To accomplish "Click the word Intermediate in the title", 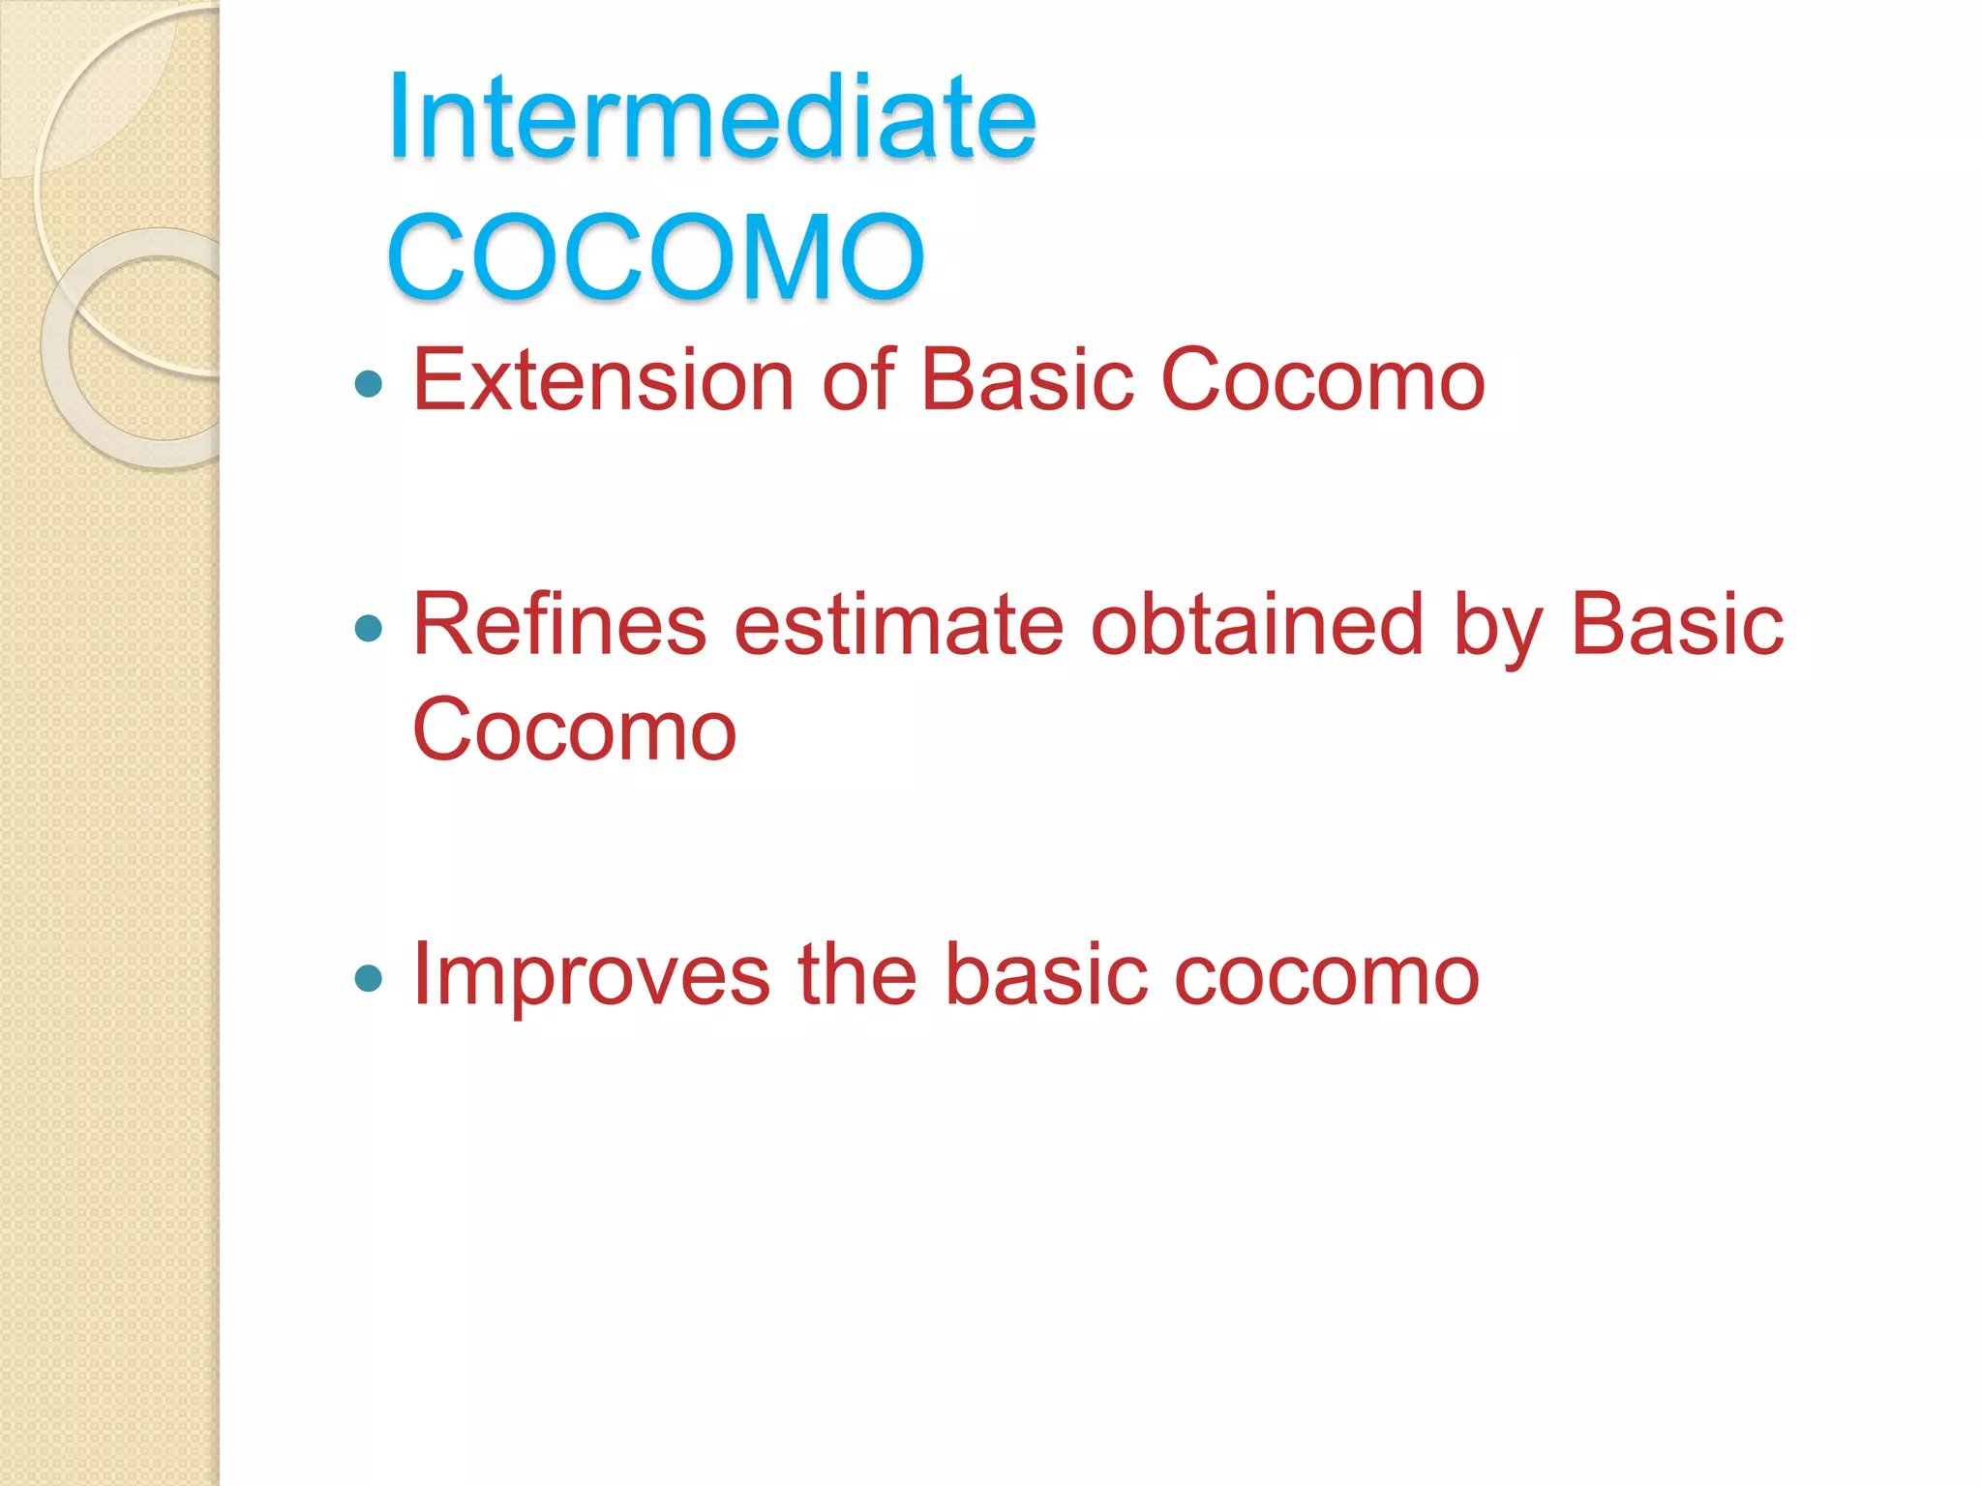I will pos(711,118).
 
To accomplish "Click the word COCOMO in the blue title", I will pos(656,257).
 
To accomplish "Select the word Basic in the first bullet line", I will pos(1026,380).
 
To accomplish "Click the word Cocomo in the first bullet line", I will pos(1322,380).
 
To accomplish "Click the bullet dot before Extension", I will pos(369,385).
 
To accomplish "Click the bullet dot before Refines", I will pos(369,630).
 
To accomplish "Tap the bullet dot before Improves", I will pos(369,978).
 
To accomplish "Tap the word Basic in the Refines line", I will pos(1676,625).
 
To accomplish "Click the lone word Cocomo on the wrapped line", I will pos(574,730).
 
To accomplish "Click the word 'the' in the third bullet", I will pos(856,974).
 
